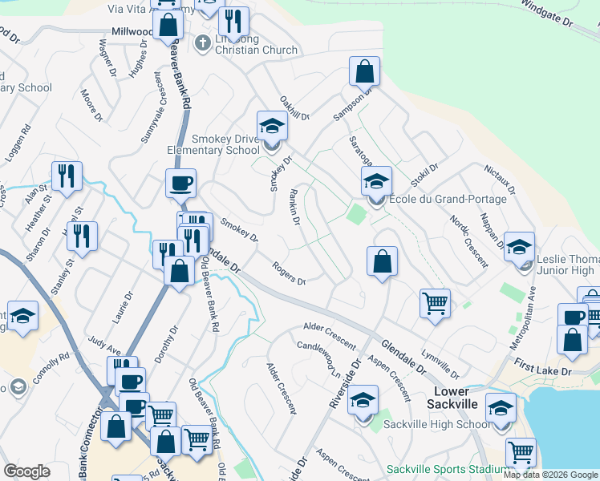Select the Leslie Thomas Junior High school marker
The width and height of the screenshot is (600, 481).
pos(520,248)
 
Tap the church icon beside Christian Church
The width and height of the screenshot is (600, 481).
pos(203,42)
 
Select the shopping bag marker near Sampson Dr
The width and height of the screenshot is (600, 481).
pos(364,72)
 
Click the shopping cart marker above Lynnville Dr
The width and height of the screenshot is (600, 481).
pos(435,304)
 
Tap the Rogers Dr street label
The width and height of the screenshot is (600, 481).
pos(289,274)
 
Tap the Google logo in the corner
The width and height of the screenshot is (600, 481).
pos(26,471)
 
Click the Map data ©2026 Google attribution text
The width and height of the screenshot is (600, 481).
pos(550,475)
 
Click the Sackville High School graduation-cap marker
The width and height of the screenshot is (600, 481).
pos(501,410)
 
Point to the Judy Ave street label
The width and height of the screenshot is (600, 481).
pos(104,346)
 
